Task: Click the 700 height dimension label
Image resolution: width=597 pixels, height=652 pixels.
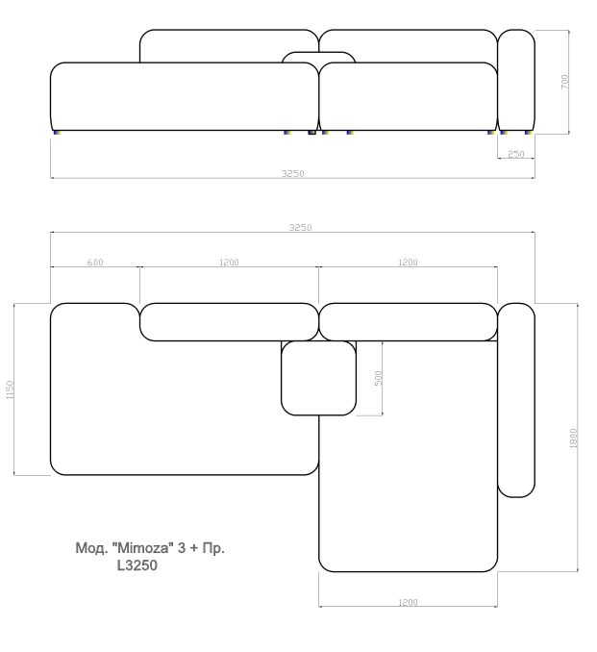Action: (564, 82)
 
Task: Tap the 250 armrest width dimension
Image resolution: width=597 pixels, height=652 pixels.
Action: (516, 154)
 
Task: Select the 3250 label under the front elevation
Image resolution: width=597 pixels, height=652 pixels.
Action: (292, 173)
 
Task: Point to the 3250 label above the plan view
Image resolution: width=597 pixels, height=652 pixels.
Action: (300, 227)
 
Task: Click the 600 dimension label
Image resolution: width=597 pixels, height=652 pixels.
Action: (95, 262)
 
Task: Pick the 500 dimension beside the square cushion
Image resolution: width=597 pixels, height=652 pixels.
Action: (378, 378)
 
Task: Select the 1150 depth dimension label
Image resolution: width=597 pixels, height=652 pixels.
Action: (10, 389)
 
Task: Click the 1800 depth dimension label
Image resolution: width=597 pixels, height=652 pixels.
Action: (573, 438)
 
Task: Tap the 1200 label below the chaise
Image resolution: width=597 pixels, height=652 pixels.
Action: (408, 602)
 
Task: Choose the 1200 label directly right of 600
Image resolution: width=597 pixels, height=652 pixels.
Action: (229, 262)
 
